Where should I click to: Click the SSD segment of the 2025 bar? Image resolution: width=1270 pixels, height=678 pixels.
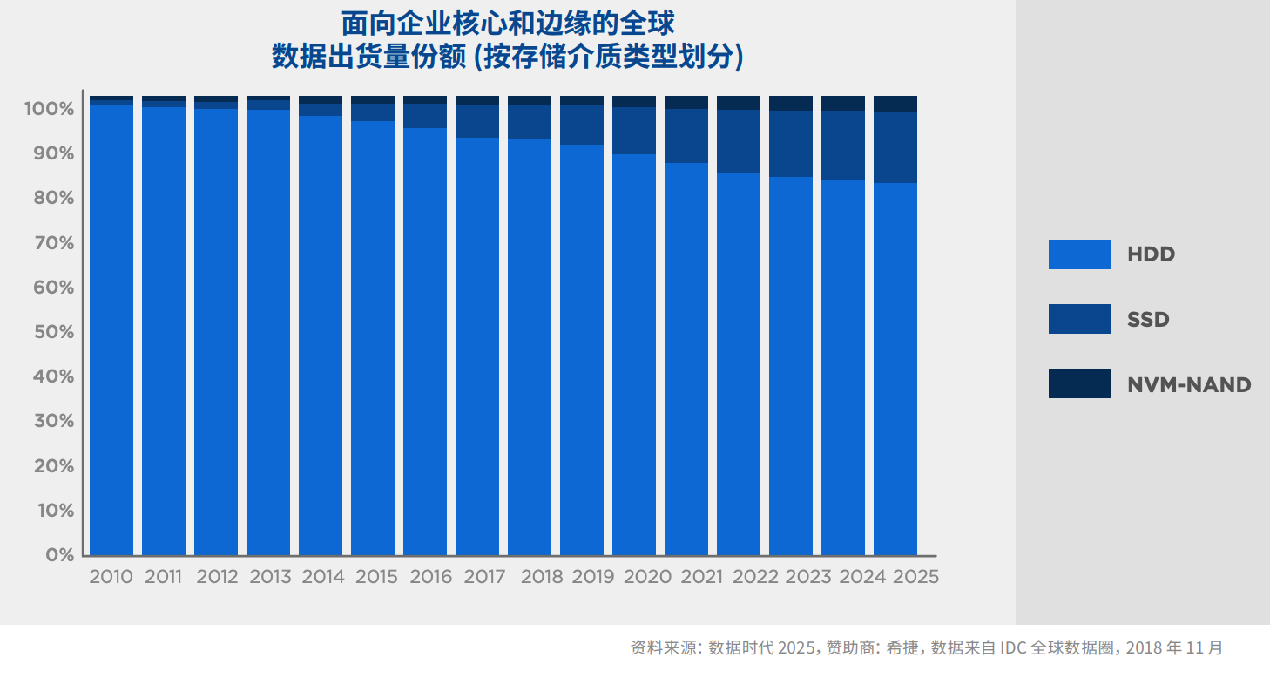[x=895, y=147]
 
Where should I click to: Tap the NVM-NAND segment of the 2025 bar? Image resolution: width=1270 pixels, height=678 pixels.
[x=895, y=104]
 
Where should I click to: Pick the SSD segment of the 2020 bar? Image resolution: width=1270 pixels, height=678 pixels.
[x=634, y=131]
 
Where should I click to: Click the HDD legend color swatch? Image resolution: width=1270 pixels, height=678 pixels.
[x=1079, y=254]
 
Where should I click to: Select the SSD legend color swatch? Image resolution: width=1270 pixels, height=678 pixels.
[x=1079, y=319]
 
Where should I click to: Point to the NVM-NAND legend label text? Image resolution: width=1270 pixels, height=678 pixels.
[x=1189, y=384]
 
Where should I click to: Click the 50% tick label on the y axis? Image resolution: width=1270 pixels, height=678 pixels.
[x=53, y=332]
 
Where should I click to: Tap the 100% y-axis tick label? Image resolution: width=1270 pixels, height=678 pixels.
[x=50, y=109]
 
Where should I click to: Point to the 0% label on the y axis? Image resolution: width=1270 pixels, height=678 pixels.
[x=59, y=555]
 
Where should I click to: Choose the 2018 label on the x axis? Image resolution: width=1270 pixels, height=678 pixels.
[x=542, y=577]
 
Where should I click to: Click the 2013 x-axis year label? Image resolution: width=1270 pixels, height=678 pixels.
[x=270, y=577]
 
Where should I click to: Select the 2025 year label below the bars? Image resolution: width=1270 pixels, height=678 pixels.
[x=915, y=577]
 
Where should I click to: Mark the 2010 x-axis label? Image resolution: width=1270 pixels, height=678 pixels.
[x=111, y=577]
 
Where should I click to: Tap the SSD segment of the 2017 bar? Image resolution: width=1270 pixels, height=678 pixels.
[x=477, y=121]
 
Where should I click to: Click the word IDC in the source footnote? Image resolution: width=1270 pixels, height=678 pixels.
[x=1013, y=648]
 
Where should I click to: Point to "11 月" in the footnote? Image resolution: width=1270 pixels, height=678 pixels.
[x=1204, y=648]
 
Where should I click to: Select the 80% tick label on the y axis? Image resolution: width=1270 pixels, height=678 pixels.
[x=53, y=198]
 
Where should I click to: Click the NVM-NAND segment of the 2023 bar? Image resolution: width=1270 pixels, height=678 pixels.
[x=791, y=103]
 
